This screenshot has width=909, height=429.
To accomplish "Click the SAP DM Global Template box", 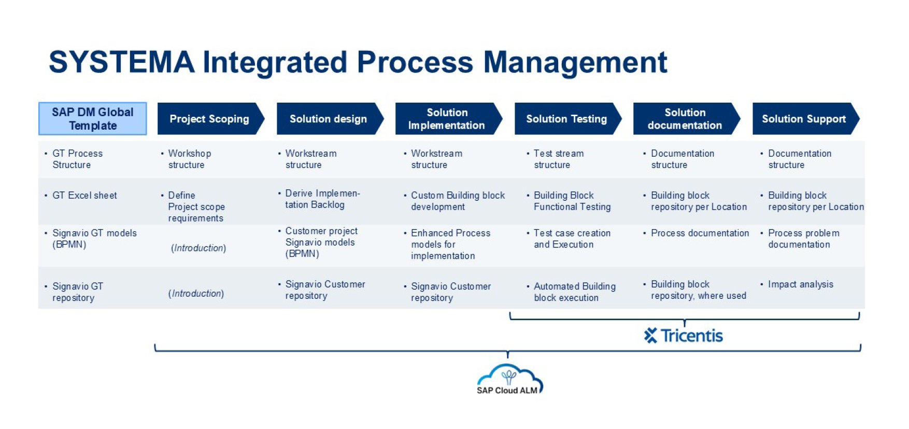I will (93, 119).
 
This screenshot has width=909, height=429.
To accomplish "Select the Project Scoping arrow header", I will (209, 119).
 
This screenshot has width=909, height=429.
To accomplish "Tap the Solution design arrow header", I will (328, 119).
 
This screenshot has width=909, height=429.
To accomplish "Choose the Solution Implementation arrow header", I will (447, 119).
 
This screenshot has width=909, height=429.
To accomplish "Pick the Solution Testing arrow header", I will (566, 119).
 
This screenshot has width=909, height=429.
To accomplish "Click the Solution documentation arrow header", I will (685, 119).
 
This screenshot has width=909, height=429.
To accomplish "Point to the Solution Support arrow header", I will (804, 119).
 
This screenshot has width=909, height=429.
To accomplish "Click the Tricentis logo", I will (684, 336).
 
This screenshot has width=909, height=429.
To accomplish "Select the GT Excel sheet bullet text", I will (84, 196).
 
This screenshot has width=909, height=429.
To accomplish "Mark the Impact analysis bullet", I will (801, 284).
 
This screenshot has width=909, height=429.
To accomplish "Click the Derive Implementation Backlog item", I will (322, 199).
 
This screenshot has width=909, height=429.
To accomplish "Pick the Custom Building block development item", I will (458, 201).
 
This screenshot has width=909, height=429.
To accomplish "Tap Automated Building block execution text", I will (574, 292).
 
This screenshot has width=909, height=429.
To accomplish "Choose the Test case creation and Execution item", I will (572, 239).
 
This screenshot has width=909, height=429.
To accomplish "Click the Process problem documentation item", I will (803, 239).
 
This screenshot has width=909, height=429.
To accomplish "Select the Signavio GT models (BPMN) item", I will (94, 239).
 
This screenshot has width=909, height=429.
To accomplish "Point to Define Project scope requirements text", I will (196, 206).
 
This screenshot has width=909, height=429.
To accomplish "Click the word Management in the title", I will (575, 62).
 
